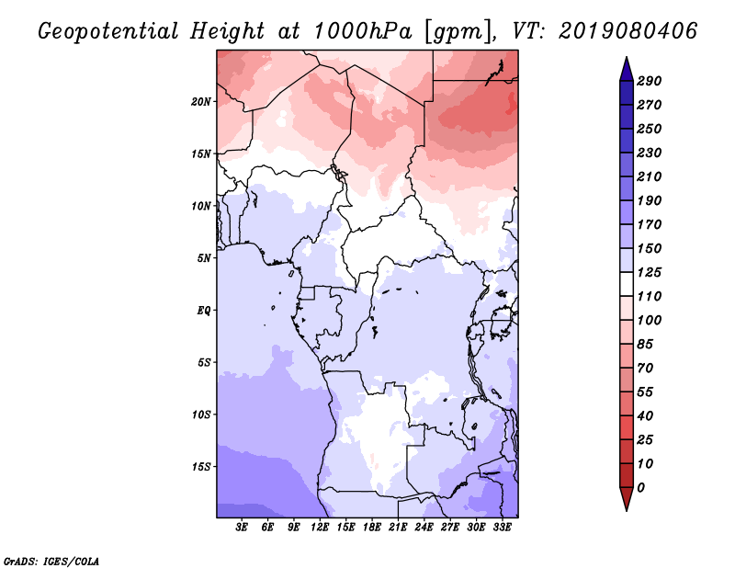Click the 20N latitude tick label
[200, 102]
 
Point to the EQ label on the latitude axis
[203, 311]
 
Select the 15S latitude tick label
[200, 467]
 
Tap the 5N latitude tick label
[203, 258]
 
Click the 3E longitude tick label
[242, 528]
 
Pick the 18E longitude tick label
[372, 528]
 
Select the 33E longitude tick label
[502, 528]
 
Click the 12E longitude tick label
[320, 528]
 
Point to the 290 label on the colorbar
[650, 81]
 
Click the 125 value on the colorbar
[650, 272]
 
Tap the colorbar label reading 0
[640, 488]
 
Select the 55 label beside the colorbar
[645, 392]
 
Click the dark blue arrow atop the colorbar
[627, 70]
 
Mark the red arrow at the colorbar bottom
[627, 498]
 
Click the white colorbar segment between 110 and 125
[627, 284]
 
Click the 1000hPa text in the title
[362, 31]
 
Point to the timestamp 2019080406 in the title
[628, 31]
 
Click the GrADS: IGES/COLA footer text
[51, 562]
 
